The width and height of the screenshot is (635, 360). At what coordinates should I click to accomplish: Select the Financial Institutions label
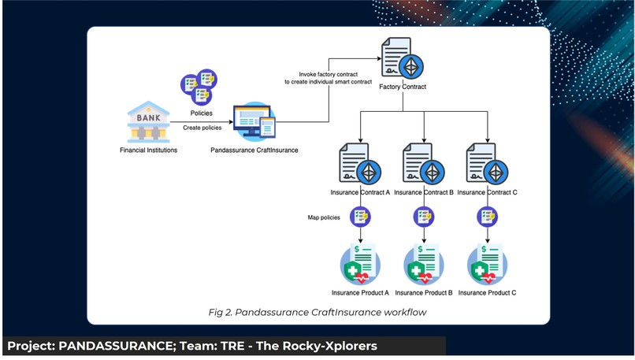(x=148, y=150)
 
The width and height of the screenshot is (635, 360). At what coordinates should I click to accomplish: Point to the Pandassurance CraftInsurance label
(x=254, y=150)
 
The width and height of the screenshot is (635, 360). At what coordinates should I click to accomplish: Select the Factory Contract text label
(x=403, y=87)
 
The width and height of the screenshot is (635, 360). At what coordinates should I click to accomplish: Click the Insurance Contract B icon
(x=424, y=164)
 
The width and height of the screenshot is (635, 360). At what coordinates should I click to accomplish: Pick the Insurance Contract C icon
(x=487, y=164)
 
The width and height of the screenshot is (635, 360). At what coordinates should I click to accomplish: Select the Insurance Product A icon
(x=360, y=263)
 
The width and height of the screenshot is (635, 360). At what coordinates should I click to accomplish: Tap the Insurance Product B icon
(x=424, y=263)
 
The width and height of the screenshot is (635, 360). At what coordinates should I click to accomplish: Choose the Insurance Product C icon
(x=487, y=263)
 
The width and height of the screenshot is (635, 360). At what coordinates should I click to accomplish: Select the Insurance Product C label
(x=487, y=292)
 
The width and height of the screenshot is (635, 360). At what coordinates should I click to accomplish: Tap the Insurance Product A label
(x=360, y=292)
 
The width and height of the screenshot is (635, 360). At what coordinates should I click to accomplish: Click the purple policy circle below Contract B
(x=424, y=216)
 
